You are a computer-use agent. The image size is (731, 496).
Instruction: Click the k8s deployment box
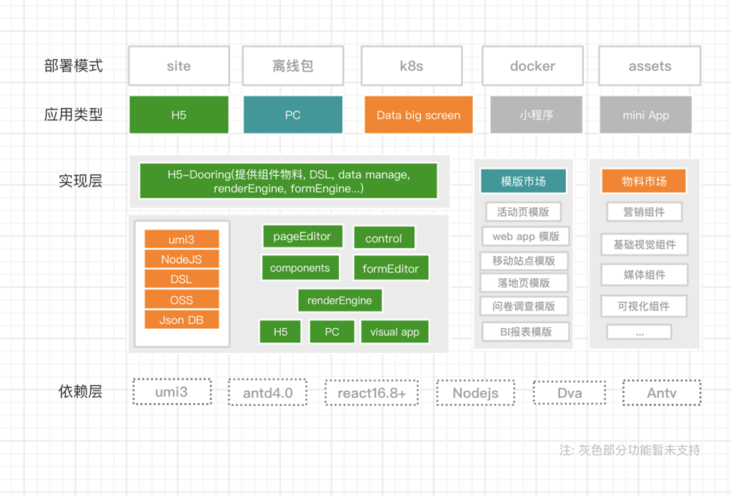point(411,66)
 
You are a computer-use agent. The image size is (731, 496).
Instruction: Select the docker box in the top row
point(532,66)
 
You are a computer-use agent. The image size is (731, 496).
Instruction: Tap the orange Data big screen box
point(418,115)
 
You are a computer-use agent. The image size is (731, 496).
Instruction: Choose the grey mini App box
point(645,115)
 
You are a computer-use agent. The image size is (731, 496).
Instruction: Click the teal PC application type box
point(292,115)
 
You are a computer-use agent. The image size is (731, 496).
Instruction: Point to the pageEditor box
point(302,236)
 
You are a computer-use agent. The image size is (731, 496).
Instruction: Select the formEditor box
point(391,268)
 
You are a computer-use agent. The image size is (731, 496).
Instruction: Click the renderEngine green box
point(339,300)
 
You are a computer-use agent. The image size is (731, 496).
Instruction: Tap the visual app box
point(395,332)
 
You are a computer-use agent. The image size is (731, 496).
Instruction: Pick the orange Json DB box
point(181,320)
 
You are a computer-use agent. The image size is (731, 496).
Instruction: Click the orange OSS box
point(181,299)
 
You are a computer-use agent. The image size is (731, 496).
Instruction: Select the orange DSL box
point(181,279)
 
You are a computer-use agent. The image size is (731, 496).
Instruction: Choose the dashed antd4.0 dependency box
point(268,392)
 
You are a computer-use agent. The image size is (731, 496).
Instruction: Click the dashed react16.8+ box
point(372,392)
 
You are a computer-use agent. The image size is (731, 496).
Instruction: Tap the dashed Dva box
point(569,392)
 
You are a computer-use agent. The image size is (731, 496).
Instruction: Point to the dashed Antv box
point(661,392)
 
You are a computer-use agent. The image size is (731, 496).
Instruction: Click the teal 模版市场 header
point(523,181)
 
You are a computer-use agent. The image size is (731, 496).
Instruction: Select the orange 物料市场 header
point(644,181)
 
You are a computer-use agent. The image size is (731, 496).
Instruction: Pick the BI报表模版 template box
point(526,331)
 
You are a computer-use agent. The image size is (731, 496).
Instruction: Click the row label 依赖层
point(81,392)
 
